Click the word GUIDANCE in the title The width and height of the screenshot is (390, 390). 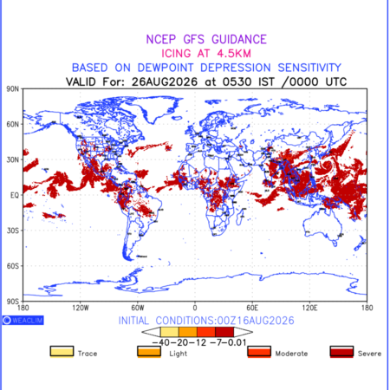(x=239, y=39)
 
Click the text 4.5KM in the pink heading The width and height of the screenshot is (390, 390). (x=234, y=54)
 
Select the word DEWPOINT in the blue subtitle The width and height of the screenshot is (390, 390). (x=166, y=68)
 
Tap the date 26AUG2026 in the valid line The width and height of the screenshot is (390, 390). (x=165, y=81)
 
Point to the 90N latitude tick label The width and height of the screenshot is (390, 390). (x=13, y=88)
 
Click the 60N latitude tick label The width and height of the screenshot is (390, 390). (x=13, y=124)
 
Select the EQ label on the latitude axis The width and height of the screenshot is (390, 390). (x=15, y=195)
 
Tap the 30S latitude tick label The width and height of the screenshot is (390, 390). (x=13, y=231)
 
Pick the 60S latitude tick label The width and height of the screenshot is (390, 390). (x=13, y=266)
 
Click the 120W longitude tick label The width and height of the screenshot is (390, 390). (x=81, y=308)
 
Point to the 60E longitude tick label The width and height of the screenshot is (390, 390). (x=252, y=308)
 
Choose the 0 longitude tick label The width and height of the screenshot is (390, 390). (x=195, y=308)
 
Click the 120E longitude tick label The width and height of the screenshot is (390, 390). (x=309, y=308)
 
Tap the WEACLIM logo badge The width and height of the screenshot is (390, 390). (x=23, y=320)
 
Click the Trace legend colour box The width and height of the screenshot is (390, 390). (x=62, y=352)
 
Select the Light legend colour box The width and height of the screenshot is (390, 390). (x=149, y=352)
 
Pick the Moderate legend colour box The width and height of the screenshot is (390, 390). (x=259, y=352)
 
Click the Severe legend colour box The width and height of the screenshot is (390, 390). (x=341, y=352)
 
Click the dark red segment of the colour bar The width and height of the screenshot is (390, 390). (x=224, y=332)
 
